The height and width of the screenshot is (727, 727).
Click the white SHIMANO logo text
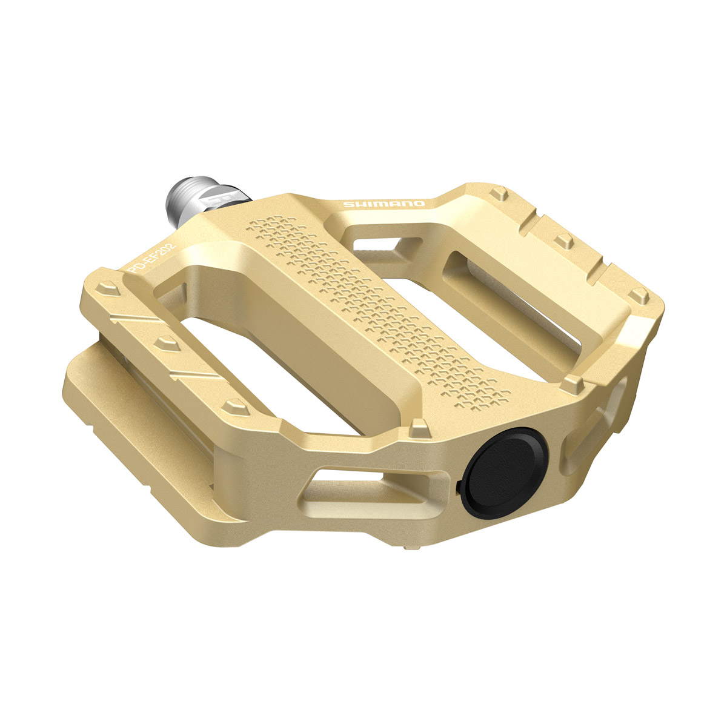pyautogui.click(x=384, y=204)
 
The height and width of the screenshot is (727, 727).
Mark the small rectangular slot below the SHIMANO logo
pyautogui.click(x=373, y=245)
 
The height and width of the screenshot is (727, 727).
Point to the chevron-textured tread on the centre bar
pyautogui.click(x=376, y=309)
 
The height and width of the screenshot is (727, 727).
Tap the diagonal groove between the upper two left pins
pyautogui.click(x=136, y=318)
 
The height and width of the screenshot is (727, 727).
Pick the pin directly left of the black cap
pyautogui.click(x=418, y=429)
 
